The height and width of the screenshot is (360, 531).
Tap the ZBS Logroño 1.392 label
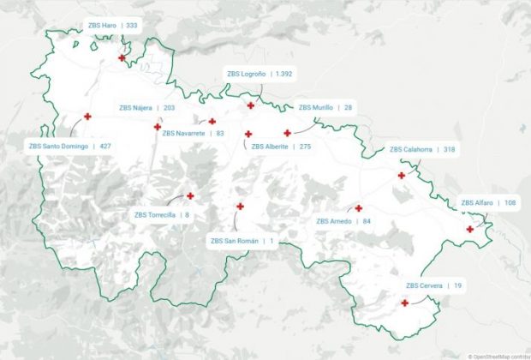coord(260,75)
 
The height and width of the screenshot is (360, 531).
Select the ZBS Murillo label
coord(325,108)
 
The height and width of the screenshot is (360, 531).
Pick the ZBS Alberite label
coord(280,147)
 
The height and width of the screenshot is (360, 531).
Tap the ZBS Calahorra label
coord(421,149)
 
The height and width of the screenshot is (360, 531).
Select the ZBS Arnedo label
coord(343,221)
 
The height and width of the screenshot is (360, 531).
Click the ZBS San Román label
coord(242,241)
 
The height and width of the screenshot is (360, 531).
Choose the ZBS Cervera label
coord(433,285)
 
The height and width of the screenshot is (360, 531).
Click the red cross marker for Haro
coord(122,58)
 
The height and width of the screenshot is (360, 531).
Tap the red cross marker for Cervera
coord(404,303)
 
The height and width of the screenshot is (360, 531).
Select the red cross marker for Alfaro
coord(469,229)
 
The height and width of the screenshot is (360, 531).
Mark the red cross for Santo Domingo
coord(87,117)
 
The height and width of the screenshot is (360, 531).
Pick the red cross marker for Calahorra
coord(401,176)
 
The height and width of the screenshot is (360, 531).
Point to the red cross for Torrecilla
coord(190,195)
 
